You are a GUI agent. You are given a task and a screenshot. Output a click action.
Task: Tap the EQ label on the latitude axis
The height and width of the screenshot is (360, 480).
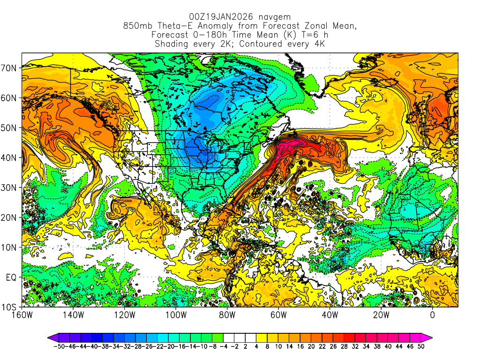point(11,277)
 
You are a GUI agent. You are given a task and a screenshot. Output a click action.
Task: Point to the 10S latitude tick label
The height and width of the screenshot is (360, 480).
point(9,307)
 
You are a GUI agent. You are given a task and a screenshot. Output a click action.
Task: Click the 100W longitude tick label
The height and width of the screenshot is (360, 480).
point(176,315)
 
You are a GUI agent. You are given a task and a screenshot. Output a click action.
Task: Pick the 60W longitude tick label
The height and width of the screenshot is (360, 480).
point(278,315)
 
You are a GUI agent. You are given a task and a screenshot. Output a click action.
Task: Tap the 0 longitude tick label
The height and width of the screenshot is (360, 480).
point(433,315)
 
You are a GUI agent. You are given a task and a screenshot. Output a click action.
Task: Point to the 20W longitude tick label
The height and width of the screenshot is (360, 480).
point(381,315)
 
